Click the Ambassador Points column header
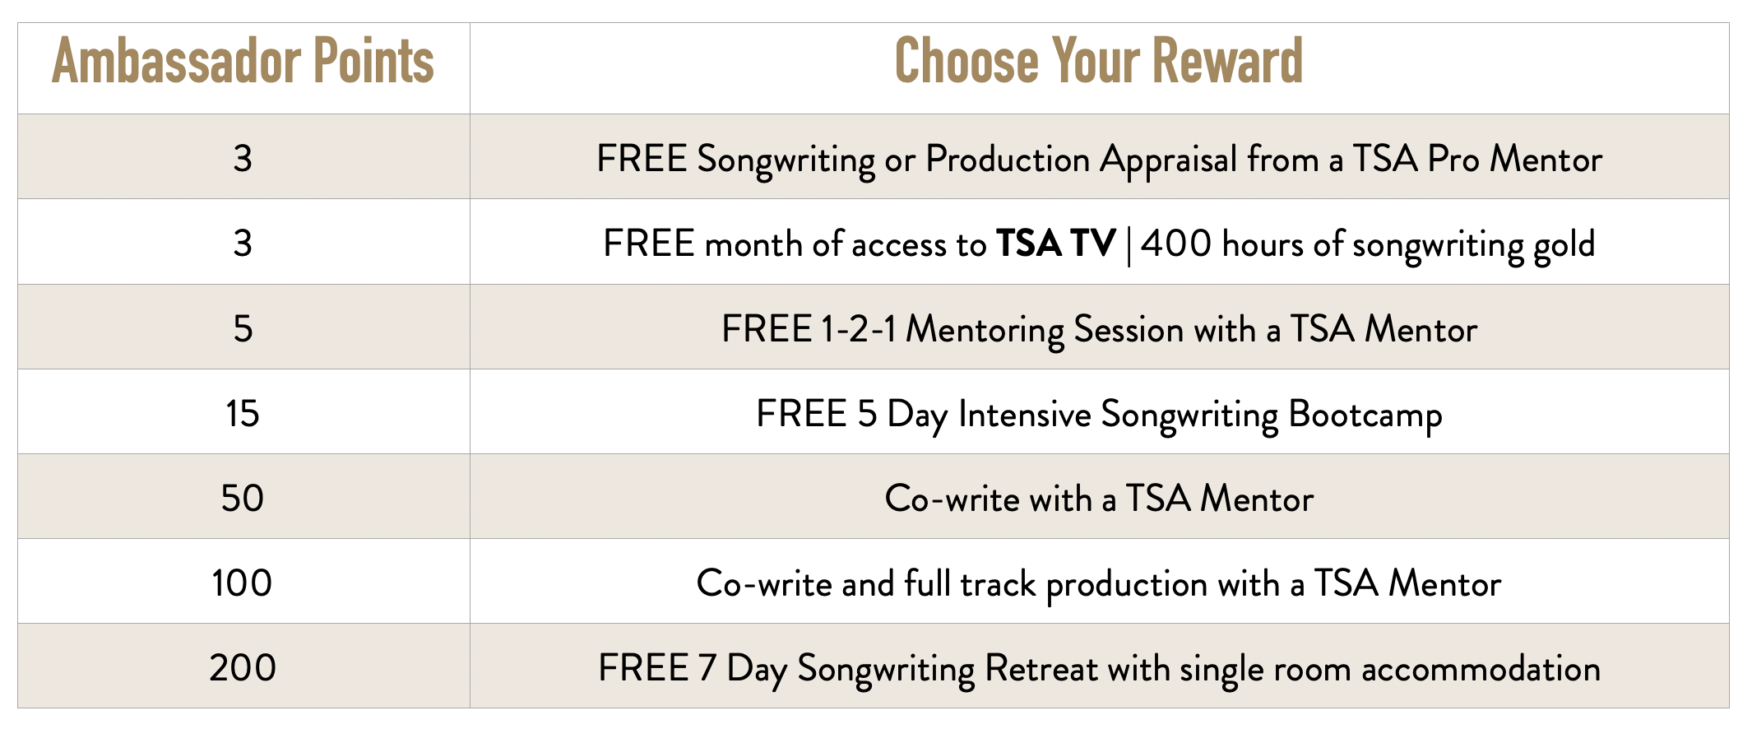click(x=243, y=62)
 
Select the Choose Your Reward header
click(x=1099, y=61)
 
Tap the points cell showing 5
click(x=243, y=329)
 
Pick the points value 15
click(x=243, y=414)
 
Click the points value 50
click(x=243, y=499)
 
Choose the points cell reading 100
click(x=243, y=583)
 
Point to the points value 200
click(x=243, y=668)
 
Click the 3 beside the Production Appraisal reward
click(x=243, y=159)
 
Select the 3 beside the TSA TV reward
click(x=243, y=244)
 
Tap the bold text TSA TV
click(x=1056, y=244)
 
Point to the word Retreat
click(x=1041, y=668)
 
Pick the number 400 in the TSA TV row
click(x=1176, y=244)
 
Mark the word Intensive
click(x=1025, y=414)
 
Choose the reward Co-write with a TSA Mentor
click(x=1099, y=499)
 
